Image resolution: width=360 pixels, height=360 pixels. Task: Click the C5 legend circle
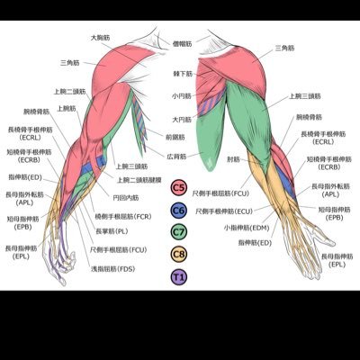point(179,189)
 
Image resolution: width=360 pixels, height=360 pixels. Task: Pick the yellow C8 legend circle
point(179,255)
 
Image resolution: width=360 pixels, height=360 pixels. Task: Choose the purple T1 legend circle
point(179,276)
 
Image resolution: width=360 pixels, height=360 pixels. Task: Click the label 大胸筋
point(100,38)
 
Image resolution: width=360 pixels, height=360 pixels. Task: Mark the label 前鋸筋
point(175,136)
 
